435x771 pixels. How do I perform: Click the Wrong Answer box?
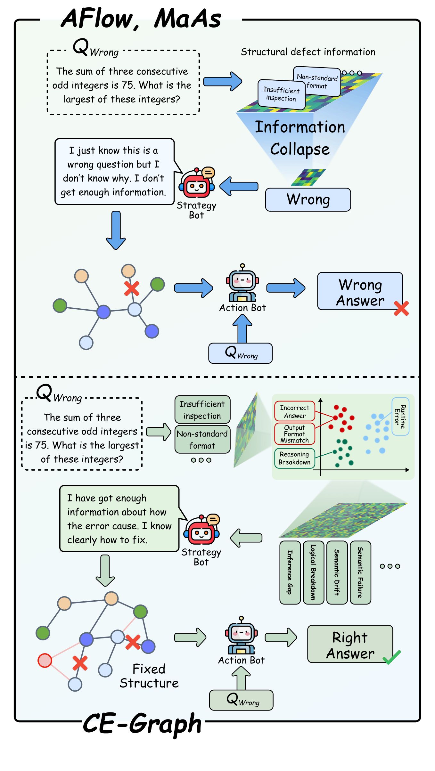point(360,291)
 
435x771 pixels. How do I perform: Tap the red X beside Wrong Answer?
point(401,308)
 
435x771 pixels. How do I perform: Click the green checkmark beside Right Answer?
point(391,657)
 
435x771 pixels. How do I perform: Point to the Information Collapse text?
point(300,138)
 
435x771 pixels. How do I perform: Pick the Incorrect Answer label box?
point(295,411)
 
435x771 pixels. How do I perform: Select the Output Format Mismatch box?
point(295,434)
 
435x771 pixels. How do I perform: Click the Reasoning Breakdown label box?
point(295,458)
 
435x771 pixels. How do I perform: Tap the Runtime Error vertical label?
point(400,416)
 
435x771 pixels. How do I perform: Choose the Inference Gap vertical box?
point(290,572)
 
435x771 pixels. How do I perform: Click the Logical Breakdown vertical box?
point(313,572)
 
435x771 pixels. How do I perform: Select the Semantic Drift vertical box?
point(337,572)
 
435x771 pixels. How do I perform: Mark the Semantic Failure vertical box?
point(360,572)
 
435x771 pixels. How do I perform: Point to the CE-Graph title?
point(142,724)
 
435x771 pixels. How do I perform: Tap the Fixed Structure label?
point(149,676)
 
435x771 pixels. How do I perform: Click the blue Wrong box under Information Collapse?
point(308,199)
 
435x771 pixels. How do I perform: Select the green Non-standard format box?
point(202,439)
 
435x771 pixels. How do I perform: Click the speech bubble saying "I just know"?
point(114,171)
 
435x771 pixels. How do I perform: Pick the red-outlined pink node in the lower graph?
point(45,660)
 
